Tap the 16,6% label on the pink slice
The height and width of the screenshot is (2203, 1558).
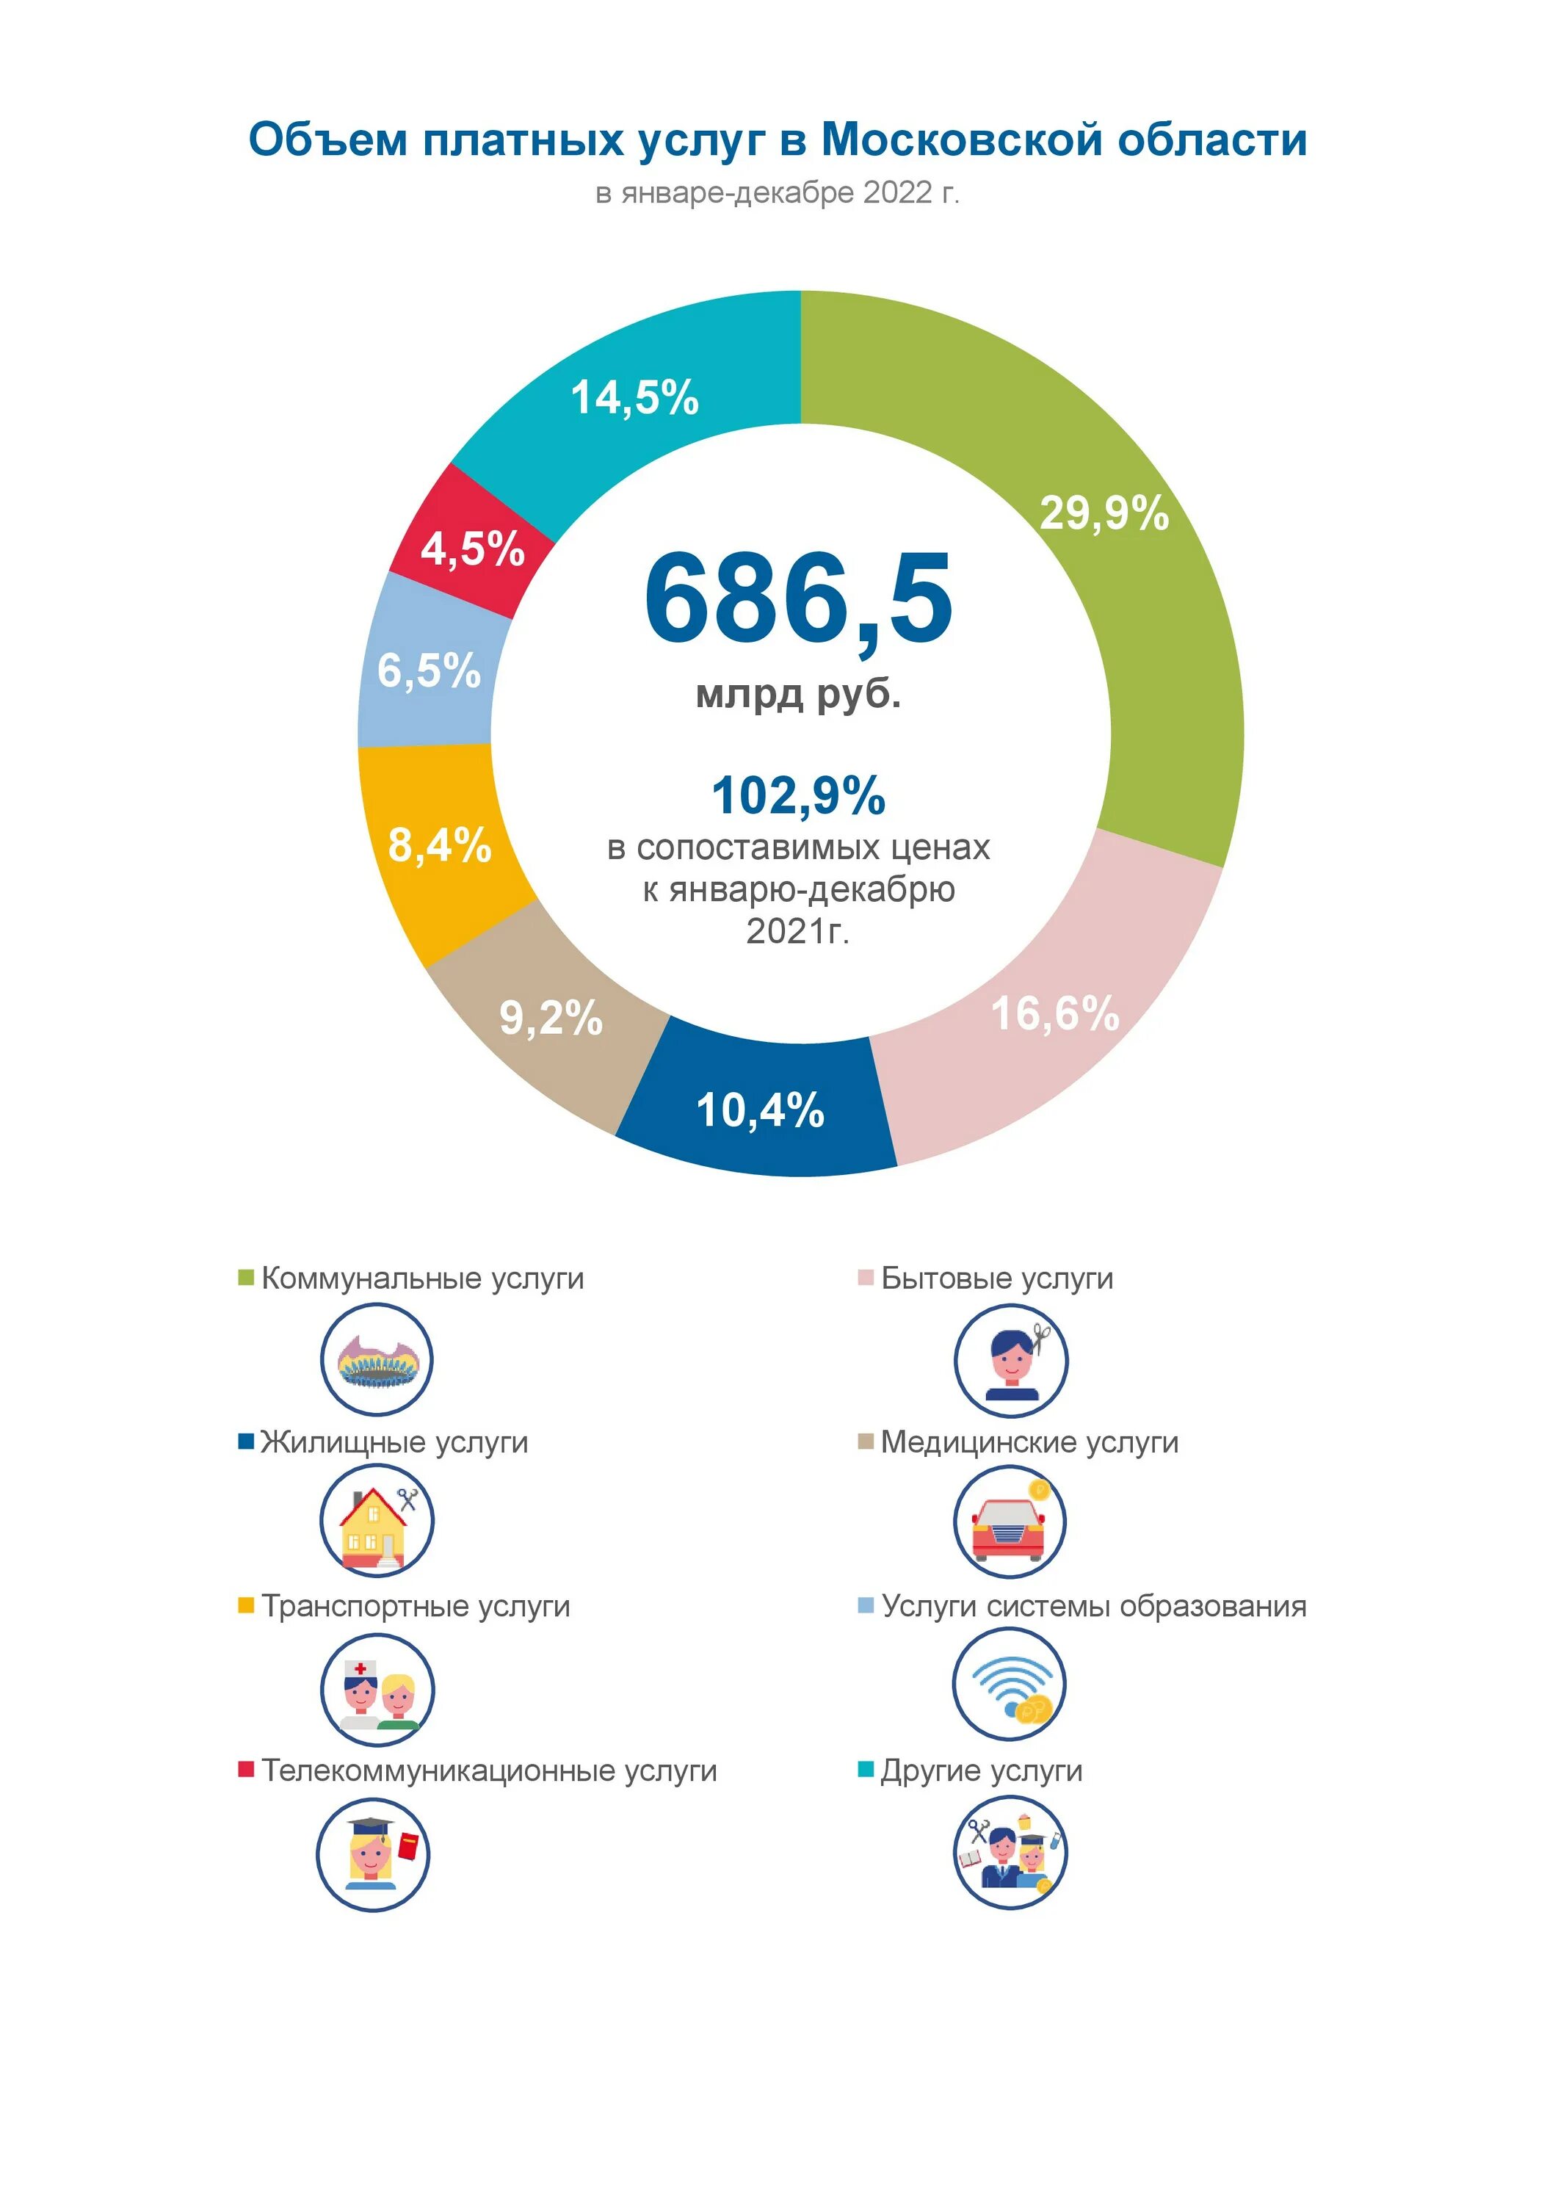(1054, 1013)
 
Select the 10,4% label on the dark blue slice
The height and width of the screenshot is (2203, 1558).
(760, 1110)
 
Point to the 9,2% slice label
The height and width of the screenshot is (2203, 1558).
(551, 1017)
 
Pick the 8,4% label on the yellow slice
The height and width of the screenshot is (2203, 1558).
(439, 845)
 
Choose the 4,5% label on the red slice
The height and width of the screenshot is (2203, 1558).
(472, 549)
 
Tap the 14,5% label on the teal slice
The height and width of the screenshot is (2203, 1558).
(634, 397)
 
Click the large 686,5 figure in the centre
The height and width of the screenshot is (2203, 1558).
(798, 600)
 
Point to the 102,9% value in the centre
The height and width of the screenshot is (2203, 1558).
(798, 795)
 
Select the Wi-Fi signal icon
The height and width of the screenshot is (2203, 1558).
(1010, 1686)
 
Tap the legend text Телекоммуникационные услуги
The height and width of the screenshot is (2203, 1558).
(489, 1770)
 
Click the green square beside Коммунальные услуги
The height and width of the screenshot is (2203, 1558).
(246, 1278)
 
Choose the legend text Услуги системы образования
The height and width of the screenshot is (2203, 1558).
(1094, 1606)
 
